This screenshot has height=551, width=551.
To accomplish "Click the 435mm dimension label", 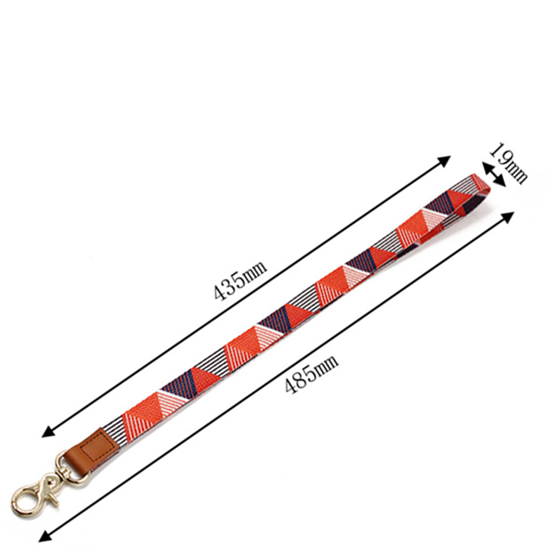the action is pyautogui.click(x=241, y=280).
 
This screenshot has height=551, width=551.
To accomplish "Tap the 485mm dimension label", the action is pyautogui.click(x=312, y=374).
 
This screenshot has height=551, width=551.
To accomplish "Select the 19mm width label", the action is pyautogui.click(x=509, y=164).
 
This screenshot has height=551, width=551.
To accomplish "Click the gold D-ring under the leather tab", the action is pyautogui.click(x=71, y=467).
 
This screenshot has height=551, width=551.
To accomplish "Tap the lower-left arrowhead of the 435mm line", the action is pyautogui.click(x=48, y=432).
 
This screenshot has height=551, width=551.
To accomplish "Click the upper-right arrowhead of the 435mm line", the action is pyautogui.click(x=444, y=161).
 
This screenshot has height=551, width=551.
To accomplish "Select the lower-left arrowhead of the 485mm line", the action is pyautogui.click(x=45, y=536).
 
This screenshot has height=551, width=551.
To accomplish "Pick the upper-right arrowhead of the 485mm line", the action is pyautogui.click(x=507, y=218).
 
